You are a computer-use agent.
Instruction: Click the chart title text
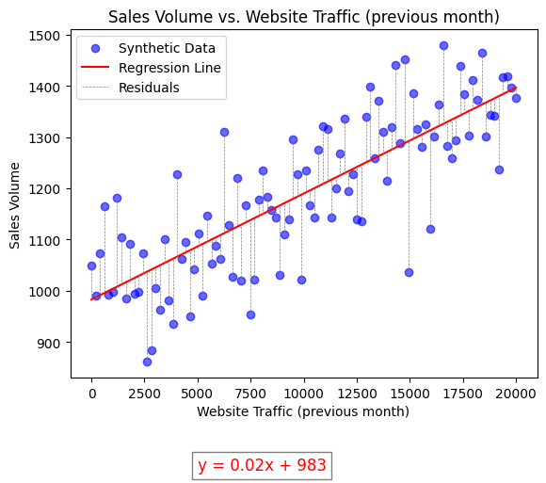pyautogui.click(x=303, y=17)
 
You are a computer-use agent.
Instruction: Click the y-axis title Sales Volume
pyautogui.click(x=16, y=205)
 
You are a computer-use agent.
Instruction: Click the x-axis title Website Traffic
pyautogui.click(x=303, y=411)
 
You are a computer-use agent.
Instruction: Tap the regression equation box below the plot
pyautogui.click(x=262, y=465)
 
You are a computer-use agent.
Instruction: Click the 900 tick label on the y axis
pyautogui.click(x=49, y=344)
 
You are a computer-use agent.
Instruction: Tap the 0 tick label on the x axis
pyautogui.click(x=91, y=394)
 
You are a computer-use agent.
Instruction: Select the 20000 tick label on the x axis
pyautogui.click(x=516, y=394)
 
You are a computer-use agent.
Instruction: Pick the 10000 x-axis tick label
pyautogui.click(x=303, y=394)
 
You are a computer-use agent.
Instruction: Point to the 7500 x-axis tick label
pyautogui.click(x=250, y=394)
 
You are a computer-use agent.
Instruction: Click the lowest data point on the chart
pyautogui.click(x=147, y=362)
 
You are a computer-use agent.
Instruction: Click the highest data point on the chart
pyautogui.click(x=443, y=45)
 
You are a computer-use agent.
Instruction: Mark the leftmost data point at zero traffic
pyautogui.click(x=91, y=266)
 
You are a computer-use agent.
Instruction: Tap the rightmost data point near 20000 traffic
pyautogui.click(x=516, y=98)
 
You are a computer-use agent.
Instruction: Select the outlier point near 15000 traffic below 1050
pyautogui.click(x=409, y=272)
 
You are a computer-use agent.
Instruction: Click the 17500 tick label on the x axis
pyautogui.click(x=462, y=394)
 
